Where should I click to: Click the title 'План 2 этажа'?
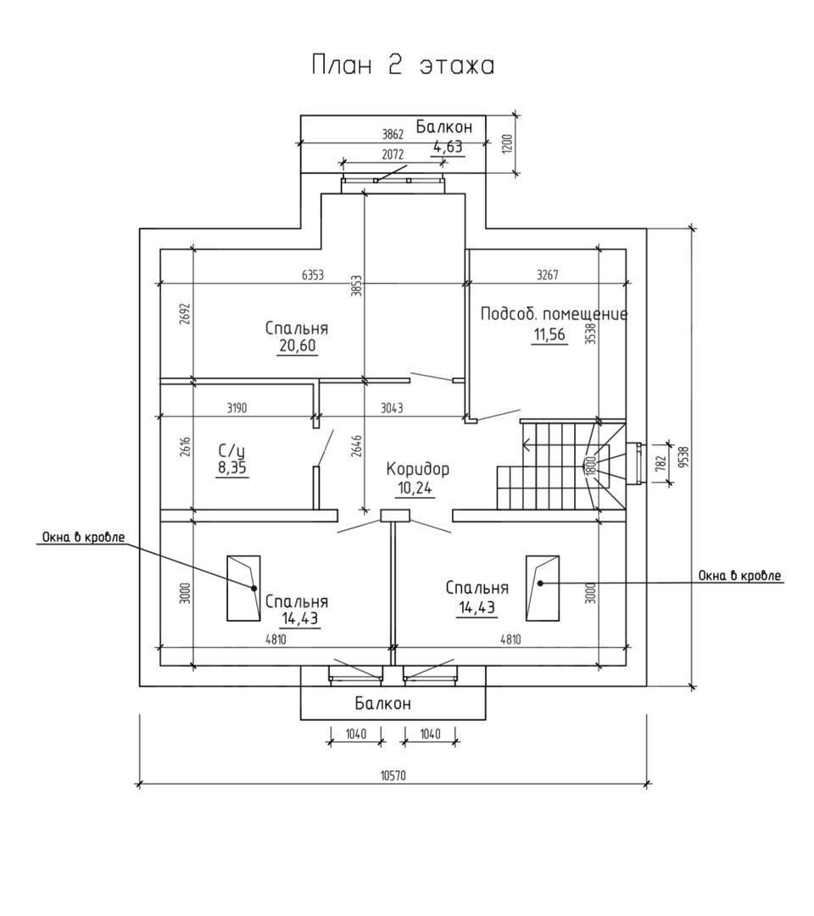click(x=403, y=65)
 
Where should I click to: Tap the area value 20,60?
click(x=296, y=345)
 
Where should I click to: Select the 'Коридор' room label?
click(x=417, y=469)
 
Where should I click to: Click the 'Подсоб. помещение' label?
click(x=554, y=314)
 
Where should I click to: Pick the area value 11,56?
click(x=549, y=334)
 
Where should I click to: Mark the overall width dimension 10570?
click(x=393, y=775)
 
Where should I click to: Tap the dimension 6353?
click(x=313, y=275)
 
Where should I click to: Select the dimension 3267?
click(x=548, y=275)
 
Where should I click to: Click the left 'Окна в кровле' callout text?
click(x=84, y=537)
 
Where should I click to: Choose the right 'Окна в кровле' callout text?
click(x=739, y=576)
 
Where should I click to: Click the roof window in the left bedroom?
click(x=243, y=589)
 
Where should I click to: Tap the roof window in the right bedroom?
click(x=542, y=582)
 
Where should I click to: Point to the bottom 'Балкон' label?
click(x=382, y=703)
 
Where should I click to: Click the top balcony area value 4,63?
click(x=449, y=147)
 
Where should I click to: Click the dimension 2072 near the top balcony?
click(x=393, y=154)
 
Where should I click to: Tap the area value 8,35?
click(x=231, y=467)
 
